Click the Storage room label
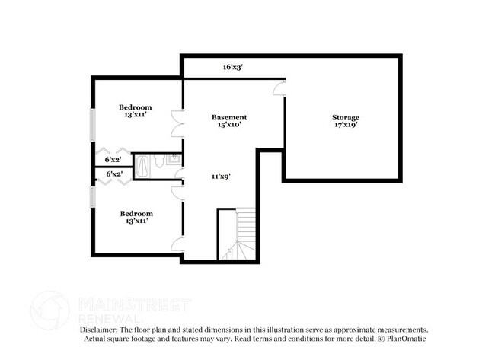click(346, 118)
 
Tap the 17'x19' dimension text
click(346, 125)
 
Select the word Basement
click(229, 117)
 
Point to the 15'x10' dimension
click(229, 125)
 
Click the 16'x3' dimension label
click(233, 67)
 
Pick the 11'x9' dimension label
click(222, 177)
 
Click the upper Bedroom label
click(135, 107)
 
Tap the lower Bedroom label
click(136, 214)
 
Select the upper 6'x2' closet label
click(113, 160)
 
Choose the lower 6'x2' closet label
click(114, 174)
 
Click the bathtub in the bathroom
click(142, 166)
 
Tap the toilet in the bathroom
click(158, 161)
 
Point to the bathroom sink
click(174, 159)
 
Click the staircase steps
click(242, 234)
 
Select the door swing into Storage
click(279, 88)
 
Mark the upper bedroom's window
click(92, 125)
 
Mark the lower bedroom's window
click(92, 197)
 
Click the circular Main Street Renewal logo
click(49, 311)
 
